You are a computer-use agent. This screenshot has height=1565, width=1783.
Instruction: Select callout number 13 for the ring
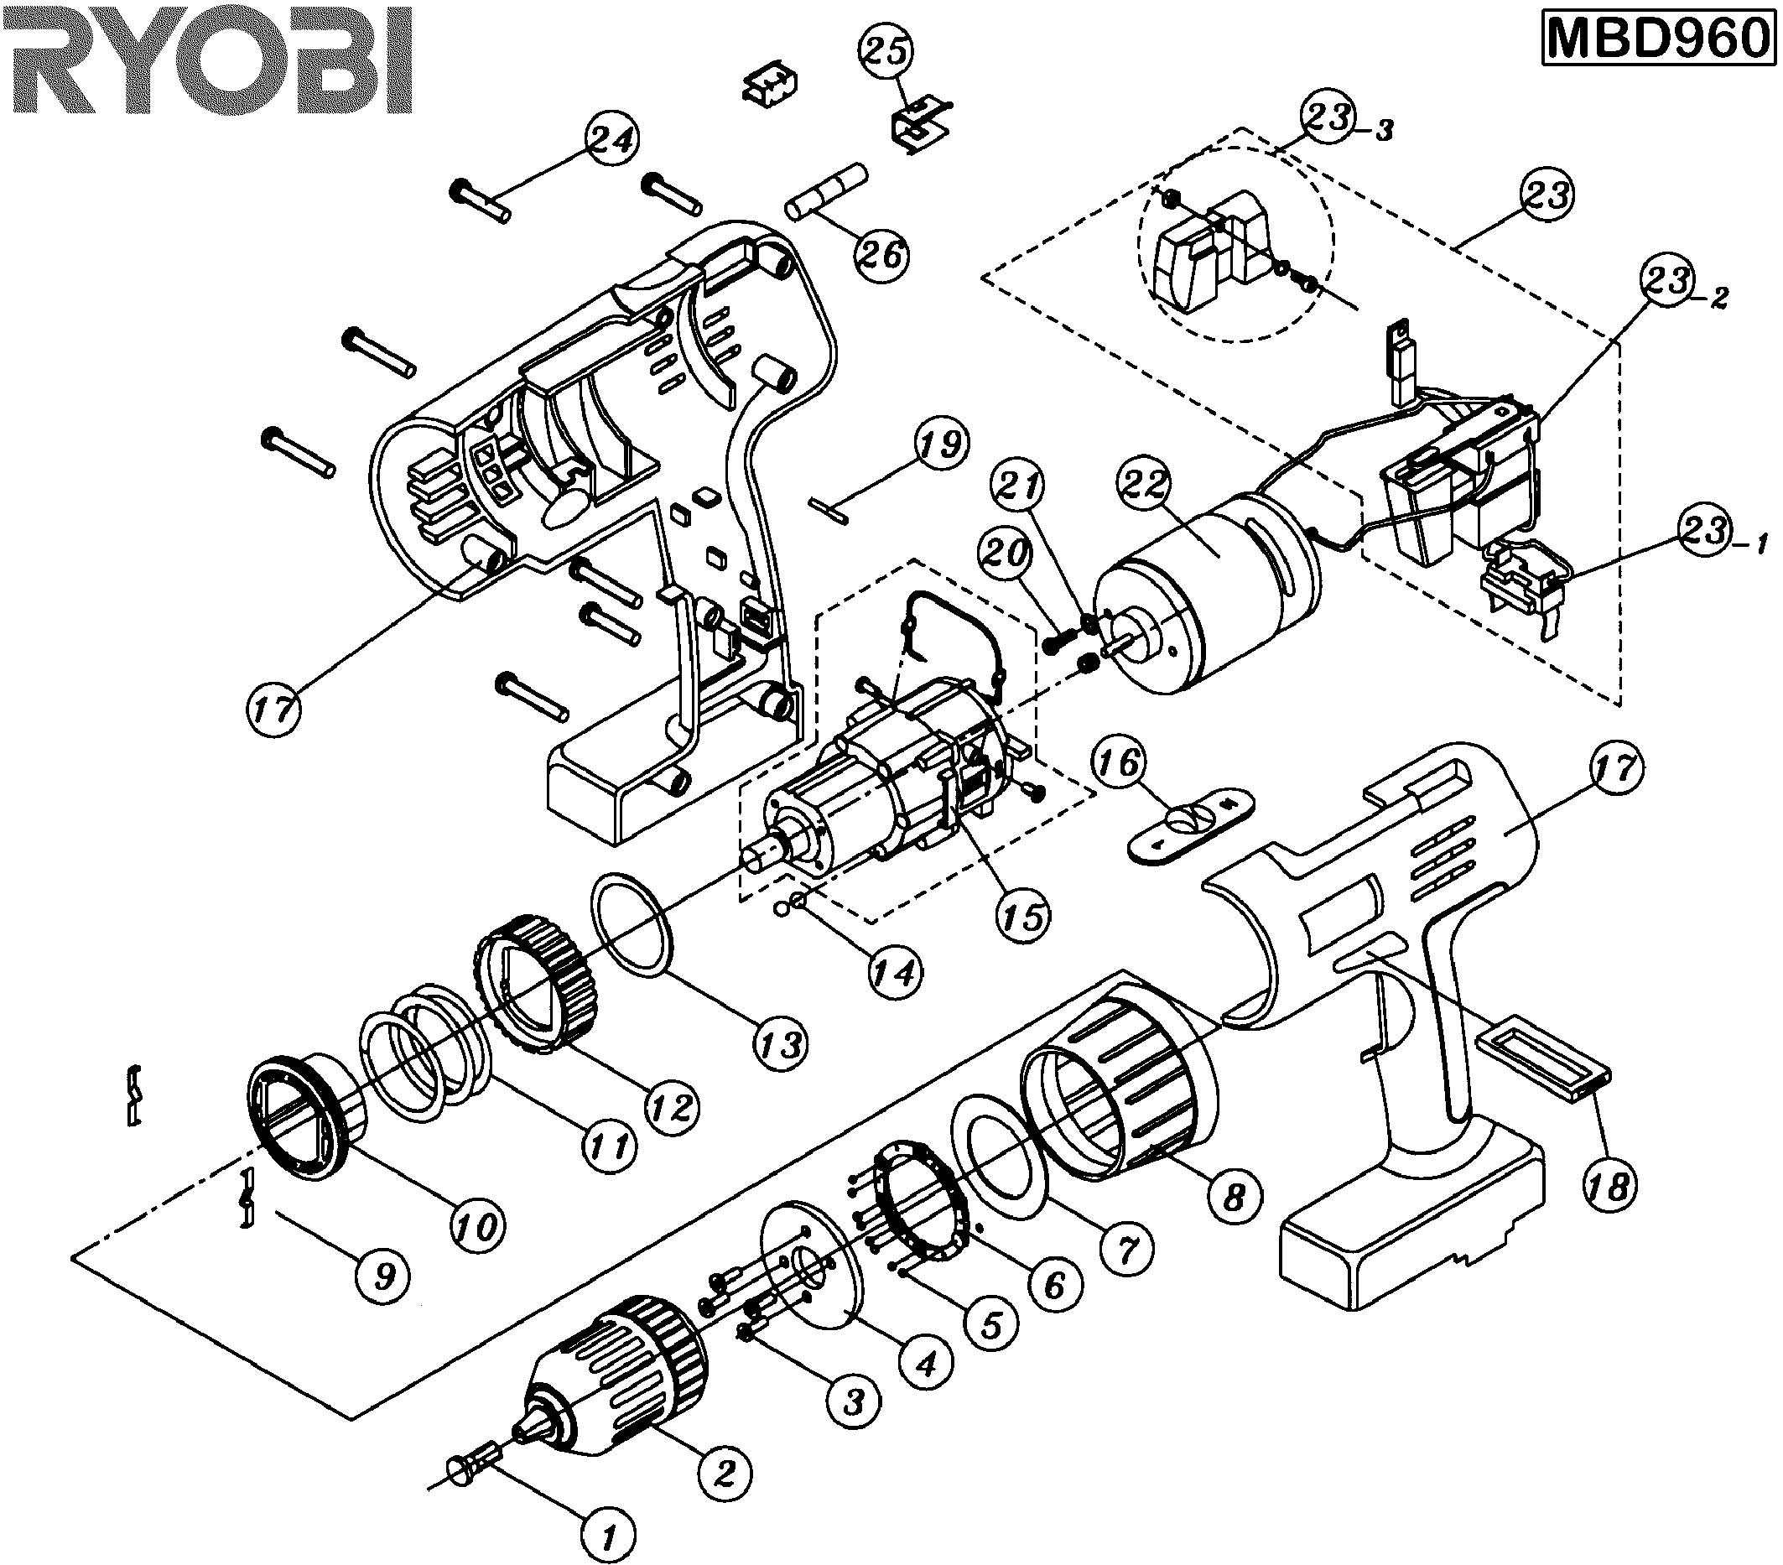pos(780,1043)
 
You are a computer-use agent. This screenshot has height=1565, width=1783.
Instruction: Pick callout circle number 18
pos(1609,1186)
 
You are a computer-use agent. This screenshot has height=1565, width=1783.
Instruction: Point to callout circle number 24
pos(611,139)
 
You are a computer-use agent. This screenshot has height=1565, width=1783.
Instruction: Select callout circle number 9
pos(384,1276)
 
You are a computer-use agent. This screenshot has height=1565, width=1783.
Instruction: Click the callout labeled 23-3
pos(1330,117)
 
